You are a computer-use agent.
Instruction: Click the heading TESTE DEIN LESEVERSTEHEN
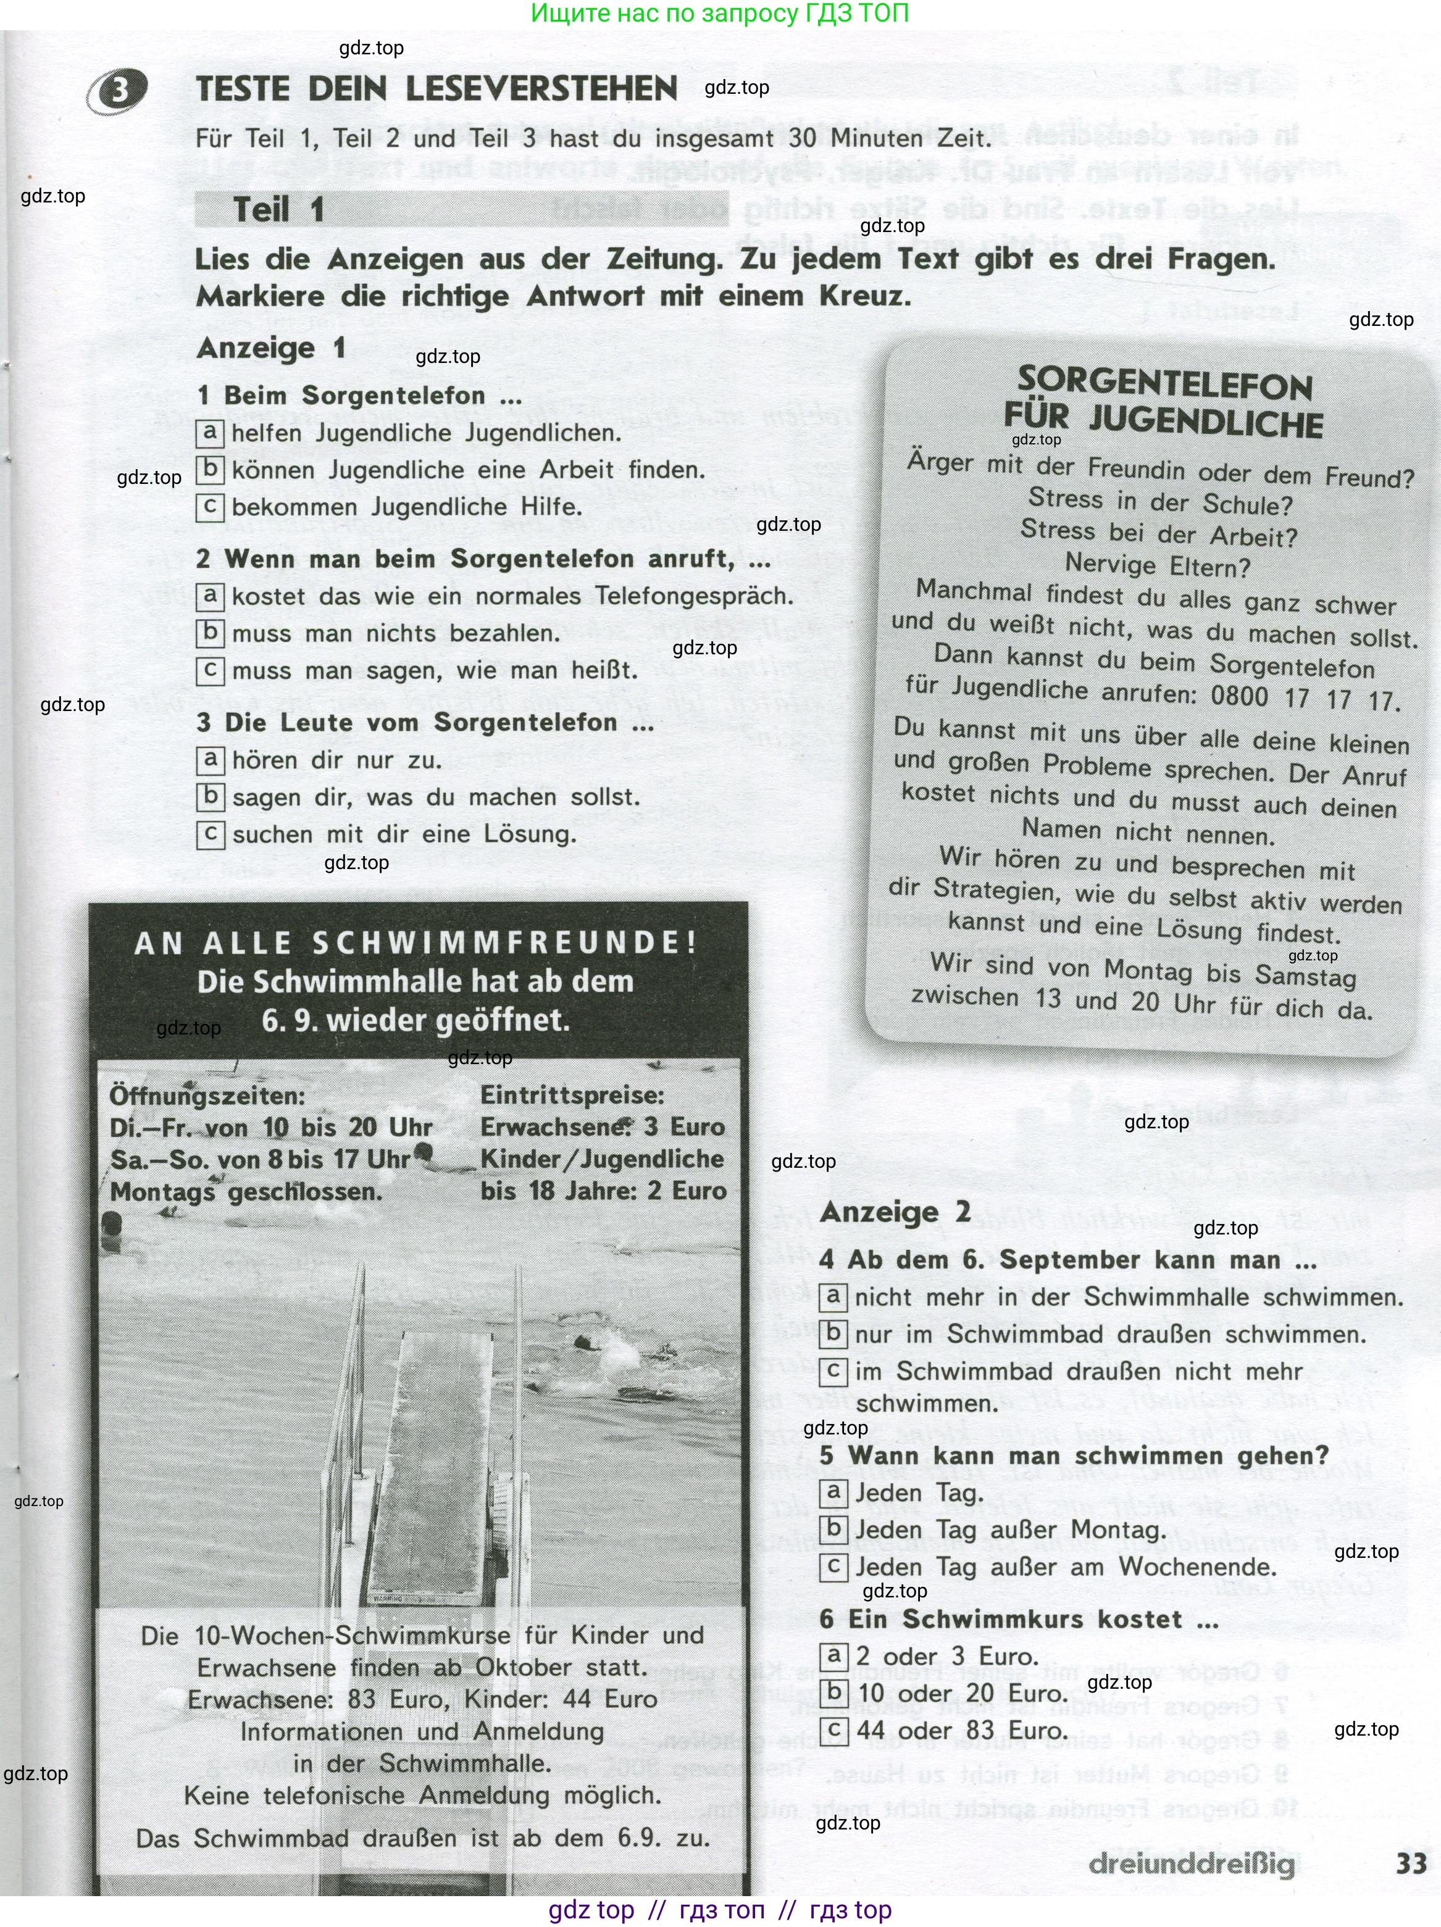point(436,89)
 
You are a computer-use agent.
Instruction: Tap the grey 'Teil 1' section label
point(278,210)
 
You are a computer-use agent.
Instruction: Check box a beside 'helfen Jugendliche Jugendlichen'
point(210,432)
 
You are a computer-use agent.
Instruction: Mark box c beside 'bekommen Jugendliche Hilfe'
point(210,507)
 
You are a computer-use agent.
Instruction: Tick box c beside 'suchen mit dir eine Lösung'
point(210,834)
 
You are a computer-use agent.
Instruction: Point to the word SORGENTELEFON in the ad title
point(1165,384)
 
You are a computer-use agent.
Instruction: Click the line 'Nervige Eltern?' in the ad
point(1157,565)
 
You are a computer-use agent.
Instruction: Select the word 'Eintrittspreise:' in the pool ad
point(572,1095)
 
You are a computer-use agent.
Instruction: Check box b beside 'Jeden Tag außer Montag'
point(833,1528)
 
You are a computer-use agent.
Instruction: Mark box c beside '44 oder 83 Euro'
point(833,1729)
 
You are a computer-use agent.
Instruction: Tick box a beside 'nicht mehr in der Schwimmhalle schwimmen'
point(833,1296)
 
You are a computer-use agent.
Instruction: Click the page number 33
point(1411,1863)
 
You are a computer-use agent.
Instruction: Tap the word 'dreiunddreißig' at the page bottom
point(1192,1864)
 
